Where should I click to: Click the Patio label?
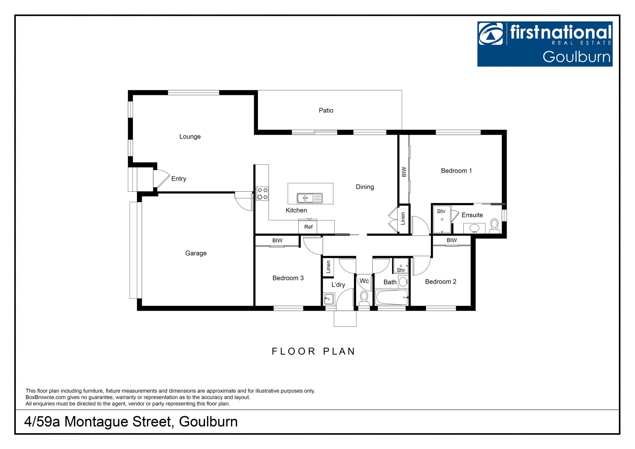tap(326, 111)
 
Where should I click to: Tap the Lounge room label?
tap(190, 137)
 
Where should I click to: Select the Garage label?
tap(196, 253)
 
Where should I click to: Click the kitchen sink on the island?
tap(310, 198)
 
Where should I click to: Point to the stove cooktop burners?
tap(263, 194)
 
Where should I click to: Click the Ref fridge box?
tap(308, 227)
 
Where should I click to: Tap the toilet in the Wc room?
tap(364, 297)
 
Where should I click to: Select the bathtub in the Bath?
tap(391, 297)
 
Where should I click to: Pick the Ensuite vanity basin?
tap(475, 228)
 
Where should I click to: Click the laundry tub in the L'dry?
tap(329, 298)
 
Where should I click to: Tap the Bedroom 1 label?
tap(456, 171)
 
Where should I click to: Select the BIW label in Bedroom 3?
tap(277, 241)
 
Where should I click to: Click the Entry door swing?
tap(161, 179)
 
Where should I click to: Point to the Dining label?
tap(365, 187)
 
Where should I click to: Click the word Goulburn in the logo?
tap(576, 57)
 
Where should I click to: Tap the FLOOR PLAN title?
tap(313, 351)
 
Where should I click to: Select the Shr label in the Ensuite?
tap(441, 211)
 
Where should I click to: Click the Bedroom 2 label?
tap(441, 282)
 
